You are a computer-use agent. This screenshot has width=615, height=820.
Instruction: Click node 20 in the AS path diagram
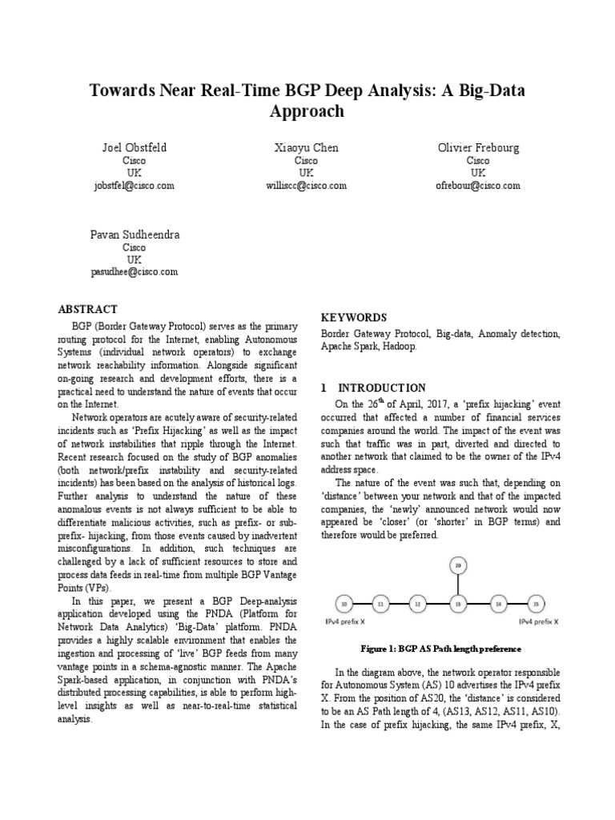[458, 565]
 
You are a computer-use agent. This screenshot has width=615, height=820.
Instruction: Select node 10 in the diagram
[344, 603]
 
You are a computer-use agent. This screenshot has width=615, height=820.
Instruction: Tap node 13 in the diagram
[458, 603]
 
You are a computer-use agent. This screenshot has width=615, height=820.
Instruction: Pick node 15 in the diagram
[535, 603]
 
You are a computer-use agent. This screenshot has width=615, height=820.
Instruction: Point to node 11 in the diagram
[382, 603]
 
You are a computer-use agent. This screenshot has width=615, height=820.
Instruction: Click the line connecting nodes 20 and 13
[458, 585]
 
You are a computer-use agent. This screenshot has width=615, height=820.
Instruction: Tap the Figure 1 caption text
[440, 648]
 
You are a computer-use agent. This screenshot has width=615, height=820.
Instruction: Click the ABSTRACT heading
[88, 309]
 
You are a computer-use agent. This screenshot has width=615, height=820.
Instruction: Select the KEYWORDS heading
[353, 317]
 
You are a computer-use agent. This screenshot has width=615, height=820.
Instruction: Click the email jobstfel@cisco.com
[135, 185]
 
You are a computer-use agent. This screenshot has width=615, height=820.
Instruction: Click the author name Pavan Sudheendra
[135, 235]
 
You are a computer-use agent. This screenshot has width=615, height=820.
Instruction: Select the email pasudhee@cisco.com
[135, 271]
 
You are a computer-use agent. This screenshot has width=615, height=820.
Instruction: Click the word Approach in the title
[307, 111]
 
